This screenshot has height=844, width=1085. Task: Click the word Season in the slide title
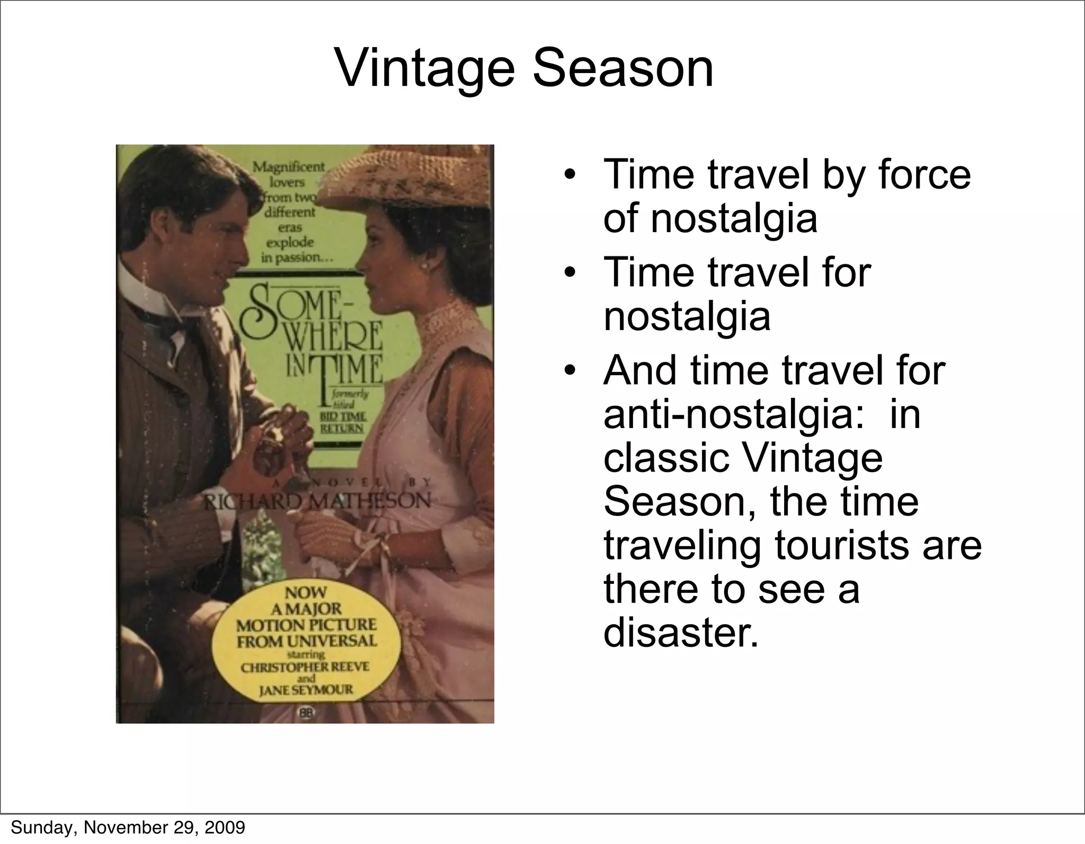click(x=623, y=69)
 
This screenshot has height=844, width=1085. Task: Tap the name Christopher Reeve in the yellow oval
click(x=305, y=667)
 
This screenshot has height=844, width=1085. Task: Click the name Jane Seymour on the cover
click(x=306, y=690)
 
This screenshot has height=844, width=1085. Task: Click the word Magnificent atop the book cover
click(x=288, y=166)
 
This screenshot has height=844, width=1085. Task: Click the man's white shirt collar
click(x=137, y=286)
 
